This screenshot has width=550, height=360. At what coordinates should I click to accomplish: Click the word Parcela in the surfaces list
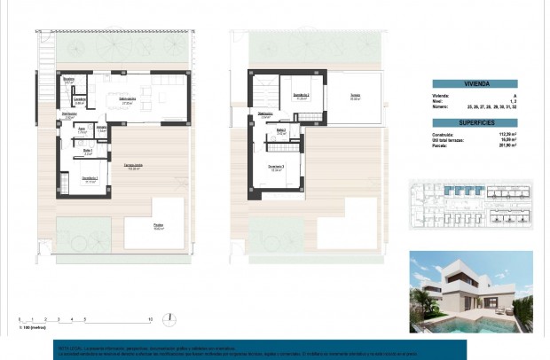tap(439, 145)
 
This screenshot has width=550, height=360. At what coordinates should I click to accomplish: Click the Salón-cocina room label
tap(128, 100)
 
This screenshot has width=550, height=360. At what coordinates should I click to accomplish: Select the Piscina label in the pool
tap(157, 225)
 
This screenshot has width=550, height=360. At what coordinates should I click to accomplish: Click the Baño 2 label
tap(281, 131)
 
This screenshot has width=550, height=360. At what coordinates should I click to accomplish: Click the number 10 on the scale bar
tap(151, 318)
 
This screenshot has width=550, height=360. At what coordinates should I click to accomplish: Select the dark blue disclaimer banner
tap(257, 349)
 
